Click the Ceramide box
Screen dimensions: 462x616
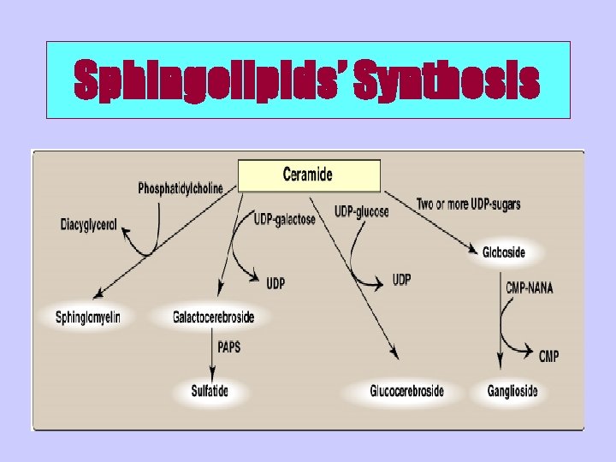(309, 176)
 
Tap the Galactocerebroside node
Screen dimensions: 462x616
(213, 317)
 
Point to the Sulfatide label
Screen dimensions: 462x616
(210, 391)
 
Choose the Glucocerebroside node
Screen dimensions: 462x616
(406, 391)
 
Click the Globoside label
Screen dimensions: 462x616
(504, 252)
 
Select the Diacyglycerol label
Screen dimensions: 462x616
(89, 227)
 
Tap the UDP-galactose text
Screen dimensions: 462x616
(285, 219)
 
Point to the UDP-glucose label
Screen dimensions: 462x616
(361, 210)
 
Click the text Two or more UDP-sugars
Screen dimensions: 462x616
(468, 204)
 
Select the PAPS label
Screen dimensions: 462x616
(229, 348)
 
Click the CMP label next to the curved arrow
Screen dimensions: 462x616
(548, 356)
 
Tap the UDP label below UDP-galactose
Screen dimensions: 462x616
(275, 283)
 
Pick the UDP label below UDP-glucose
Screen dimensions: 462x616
(401, 280)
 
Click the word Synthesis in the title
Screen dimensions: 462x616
(446, 81)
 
